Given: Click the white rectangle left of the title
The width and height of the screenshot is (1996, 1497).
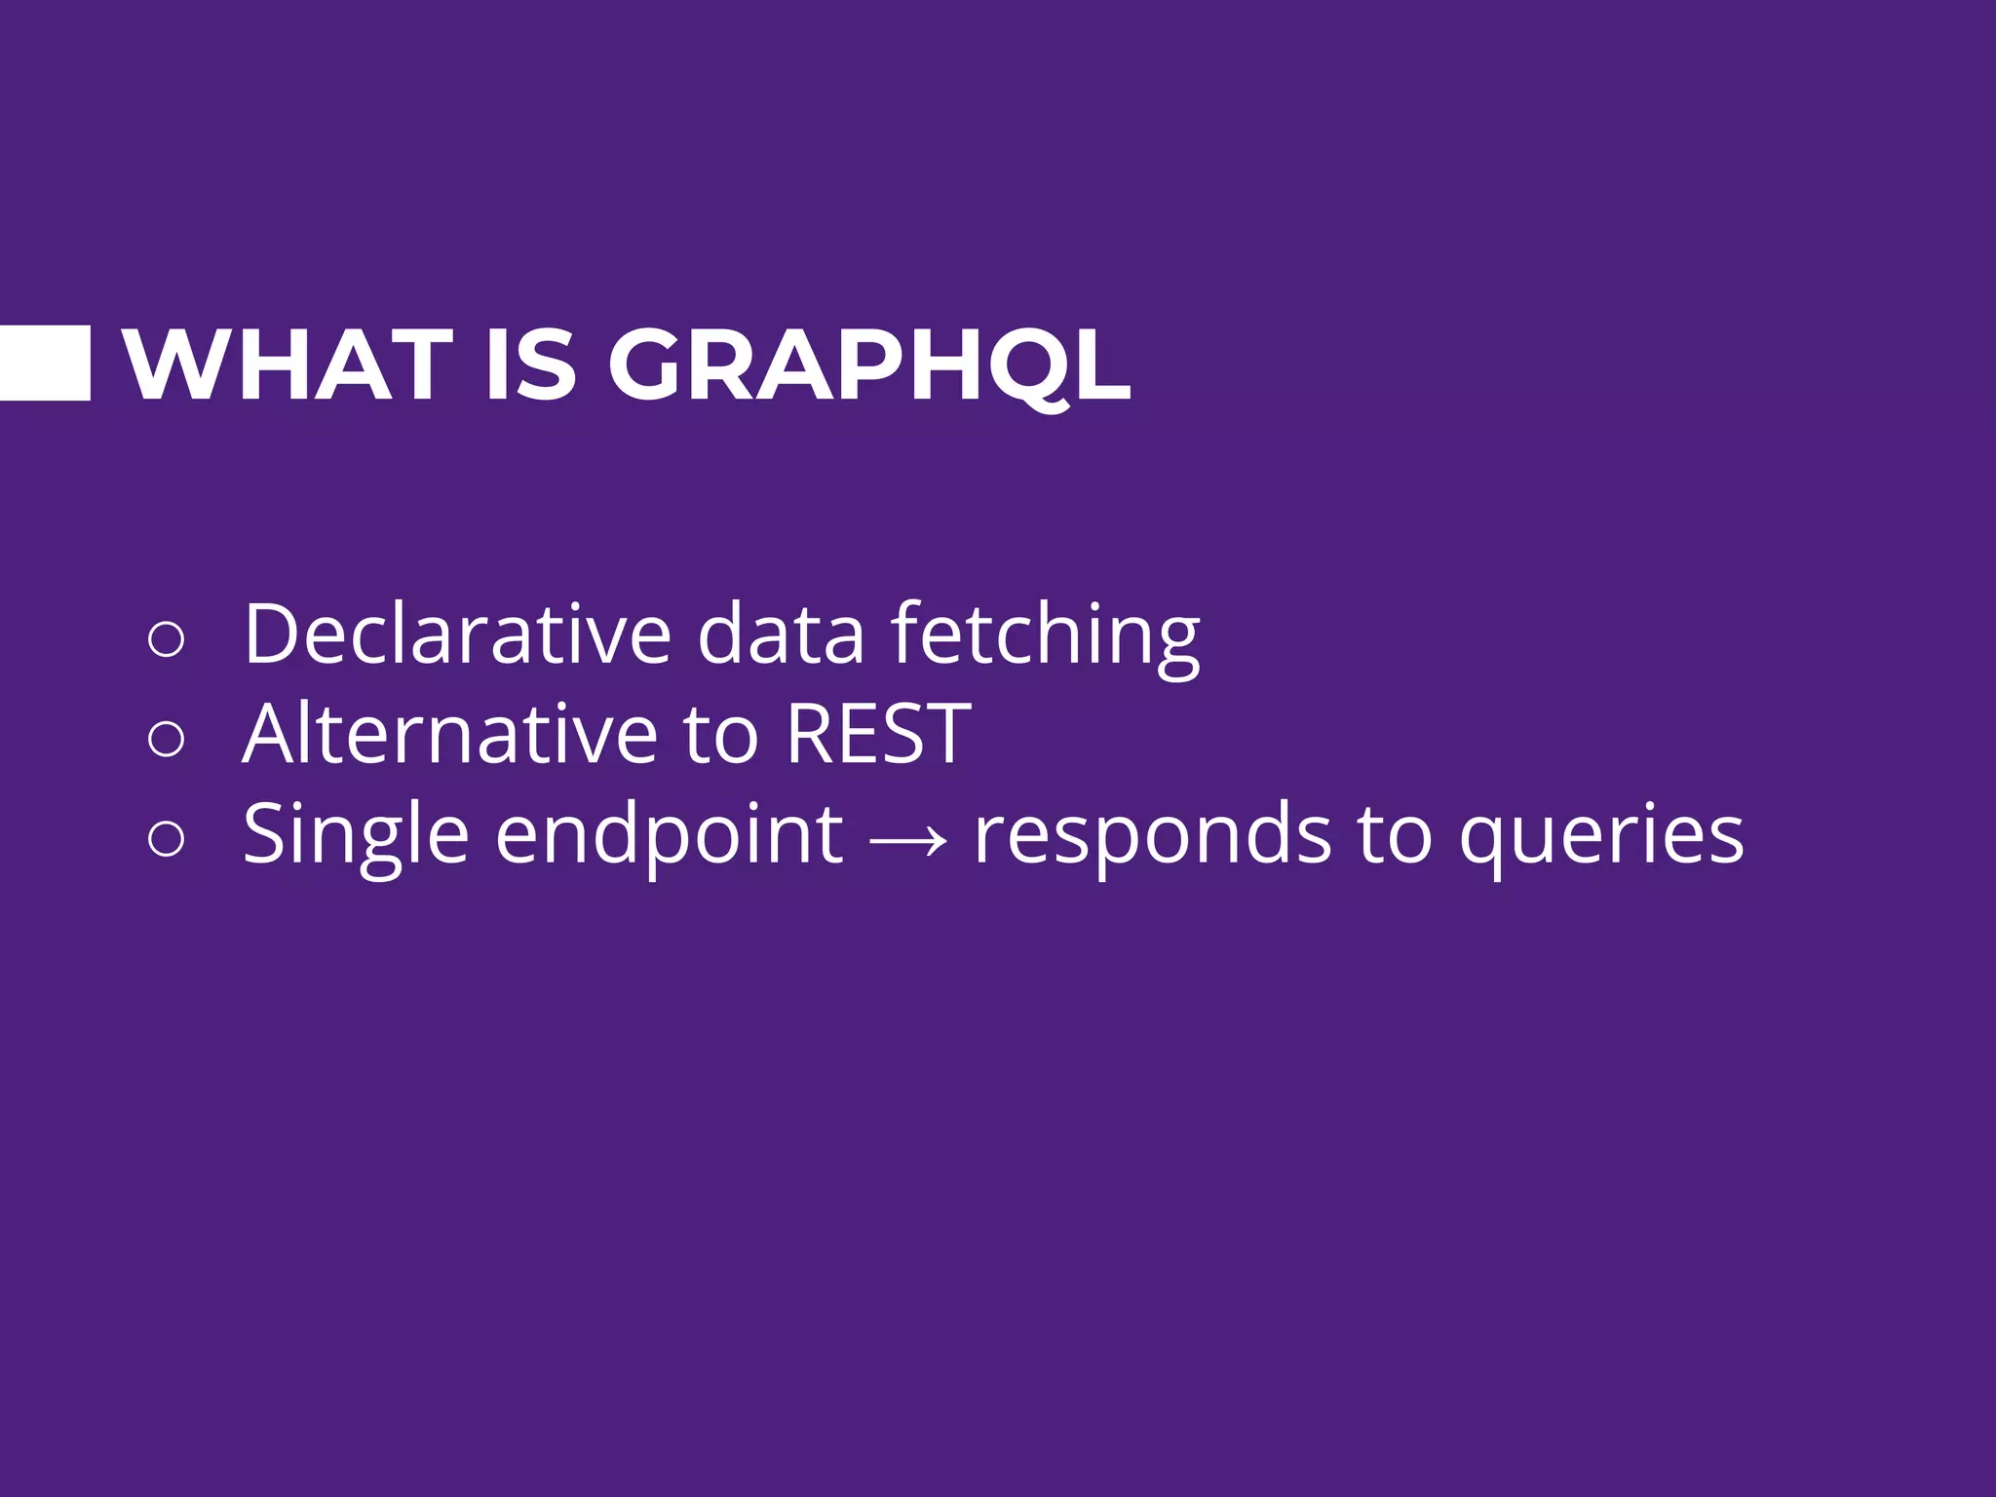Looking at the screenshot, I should [x=45, y=363].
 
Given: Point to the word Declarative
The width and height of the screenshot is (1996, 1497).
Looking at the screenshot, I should [x=457, y=634].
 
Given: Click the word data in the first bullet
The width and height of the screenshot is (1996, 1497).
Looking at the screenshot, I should [x=781, y=634].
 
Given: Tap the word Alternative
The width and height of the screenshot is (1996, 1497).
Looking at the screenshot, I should [x=450, y=734].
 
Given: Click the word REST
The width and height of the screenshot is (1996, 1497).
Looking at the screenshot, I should [x=878, y=734].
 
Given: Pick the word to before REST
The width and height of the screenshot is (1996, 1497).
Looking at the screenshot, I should [x=720, y=736].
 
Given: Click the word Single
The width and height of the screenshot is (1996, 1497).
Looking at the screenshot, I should [x=356, y=836].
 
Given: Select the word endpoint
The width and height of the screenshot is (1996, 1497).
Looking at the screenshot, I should [x=669, y=836].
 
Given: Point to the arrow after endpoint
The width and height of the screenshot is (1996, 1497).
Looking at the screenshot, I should [x=907, y=838].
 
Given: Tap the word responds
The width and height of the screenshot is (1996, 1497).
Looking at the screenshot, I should [x=1153, y=836].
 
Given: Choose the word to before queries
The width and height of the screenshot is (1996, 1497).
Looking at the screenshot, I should [x=1395, y=836].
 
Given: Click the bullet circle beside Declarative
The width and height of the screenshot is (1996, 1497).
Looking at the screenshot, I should [x=166, y=639].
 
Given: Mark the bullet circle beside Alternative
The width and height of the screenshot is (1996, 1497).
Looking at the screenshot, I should [x=166, y=739].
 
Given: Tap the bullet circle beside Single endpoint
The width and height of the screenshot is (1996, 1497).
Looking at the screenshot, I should [x=166, y=838].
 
